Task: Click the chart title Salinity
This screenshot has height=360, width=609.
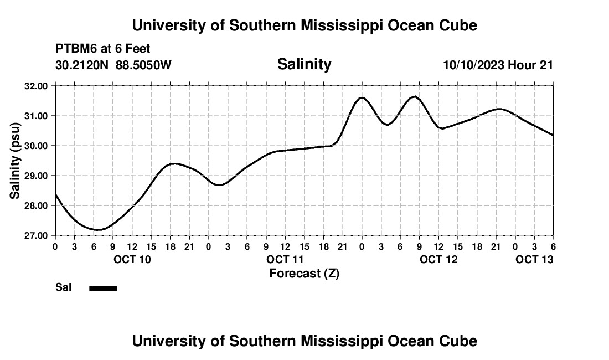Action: click(304, 64)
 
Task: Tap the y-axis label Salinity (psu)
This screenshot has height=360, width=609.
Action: click(15, 160)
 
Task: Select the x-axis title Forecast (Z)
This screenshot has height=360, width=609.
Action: click(304, 273)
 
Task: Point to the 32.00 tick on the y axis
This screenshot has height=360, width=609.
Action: click(36, 86)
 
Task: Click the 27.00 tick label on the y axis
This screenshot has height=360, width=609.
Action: click(36, 235)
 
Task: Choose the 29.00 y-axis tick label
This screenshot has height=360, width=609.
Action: click(36, 176)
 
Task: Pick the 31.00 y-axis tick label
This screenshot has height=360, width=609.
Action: click(36, 116)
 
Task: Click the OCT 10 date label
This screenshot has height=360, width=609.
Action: click(132, 259)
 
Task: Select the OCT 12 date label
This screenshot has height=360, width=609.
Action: click(439, 259)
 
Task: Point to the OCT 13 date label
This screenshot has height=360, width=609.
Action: click(534, 259)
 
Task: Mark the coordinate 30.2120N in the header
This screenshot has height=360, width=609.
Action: click(82, 65)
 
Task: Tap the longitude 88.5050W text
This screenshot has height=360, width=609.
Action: click(143, 65)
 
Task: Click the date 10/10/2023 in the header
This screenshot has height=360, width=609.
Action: click(473, 65)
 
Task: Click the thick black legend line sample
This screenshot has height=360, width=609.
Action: click(103, 288)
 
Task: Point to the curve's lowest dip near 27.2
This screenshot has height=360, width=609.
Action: click(97, 229)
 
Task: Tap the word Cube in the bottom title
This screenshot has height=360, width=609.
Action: click(460, 341)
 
